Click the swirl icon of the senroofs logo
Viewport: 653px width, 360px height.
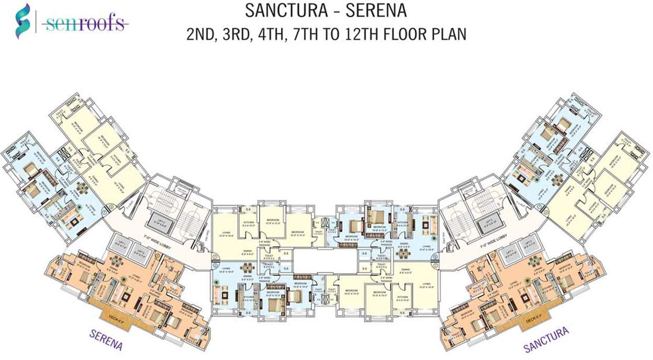24,21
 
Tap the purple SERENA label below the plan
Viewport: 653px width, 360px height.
106,339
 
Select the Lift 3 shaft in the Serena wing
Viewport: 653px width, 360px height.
160,223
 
